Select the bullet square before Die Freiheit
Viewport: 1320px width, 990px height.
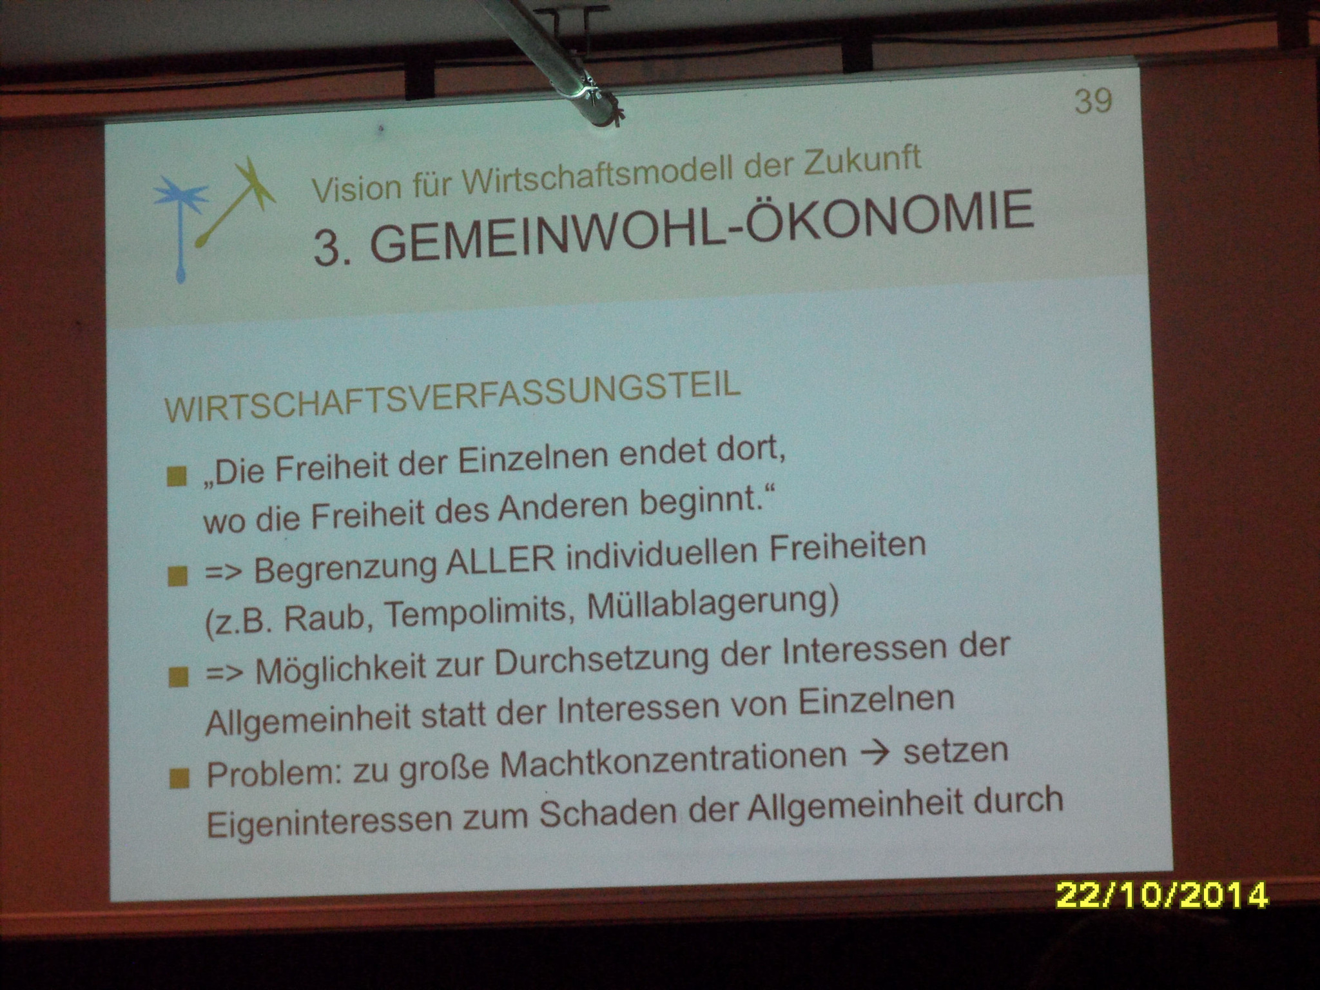[x=176, y=478]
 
